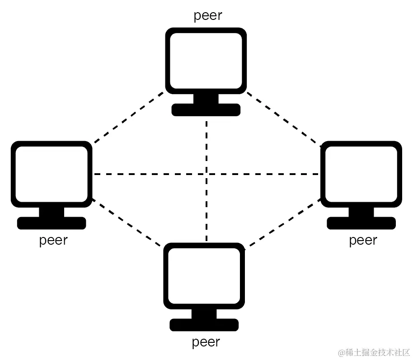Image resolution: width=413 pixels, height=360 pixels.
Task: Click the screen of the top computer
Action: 206,60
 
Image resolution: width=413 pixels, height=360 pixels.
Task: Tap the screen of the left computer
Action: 52,174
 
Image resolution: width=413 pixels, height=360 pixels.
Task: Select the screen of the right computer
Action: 361,174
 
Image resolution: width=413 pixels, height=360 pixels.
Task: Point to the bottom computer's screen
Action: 204,275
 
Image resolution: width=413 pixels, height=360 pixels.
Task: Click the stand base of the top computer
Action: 206,110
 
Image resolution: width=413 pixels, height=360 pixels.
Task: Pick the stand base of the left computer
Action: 52,223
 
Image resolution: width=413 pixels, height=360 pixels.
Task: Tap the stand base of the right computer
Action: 361,223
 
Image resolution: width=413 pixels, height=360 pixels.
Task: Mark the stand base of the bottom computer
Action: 204,325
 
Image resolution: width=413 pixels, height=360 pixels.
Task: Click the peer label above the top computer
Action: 208,16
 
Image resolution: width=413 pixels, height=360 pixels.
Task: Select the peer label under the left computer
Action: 53,240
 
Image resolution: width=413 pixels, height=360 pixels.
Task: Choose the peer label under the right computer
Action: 363,240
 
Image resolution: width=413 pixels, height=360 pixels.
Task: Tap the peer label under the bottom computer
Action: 206,342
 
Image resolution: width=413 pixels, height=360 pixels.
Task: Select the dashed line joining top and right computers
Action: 284,118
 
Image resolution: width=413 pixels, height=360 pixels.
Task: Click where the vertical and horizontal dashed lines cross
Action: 206,174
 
